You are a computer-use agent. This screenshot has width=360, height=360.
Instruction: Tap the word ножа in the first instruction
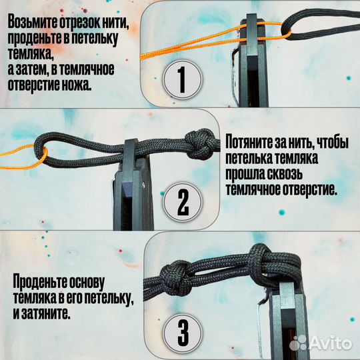coord(97,86)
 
